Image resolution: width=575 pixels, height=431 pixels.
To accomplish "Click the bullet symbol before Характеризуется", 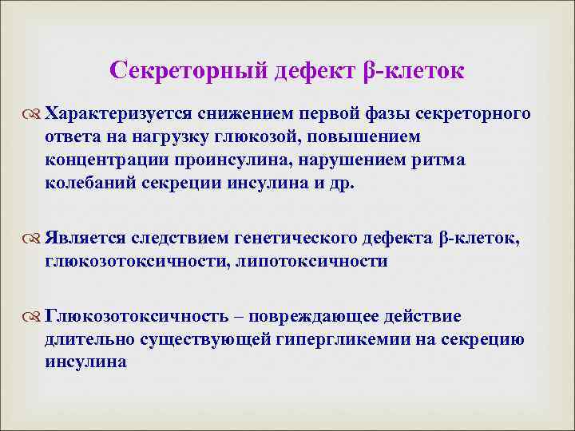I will click(x=33, y=113).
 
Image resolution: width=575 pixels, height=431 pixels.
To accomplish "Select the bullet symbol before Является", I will click(x=33, y=238).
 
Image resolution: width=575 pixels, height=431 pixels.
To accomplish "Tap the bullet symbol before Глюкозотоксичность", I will click(x=33, y=317).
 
